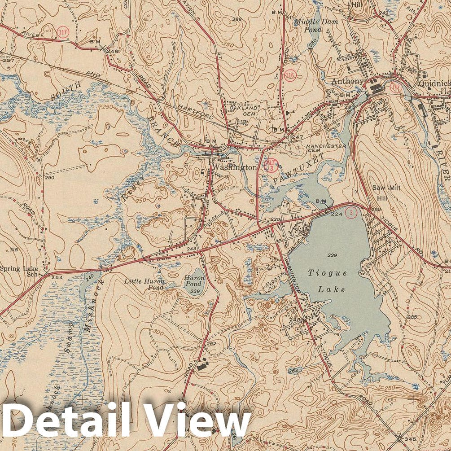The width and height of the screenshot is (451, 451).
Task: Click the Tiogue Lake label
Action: [x=327, y=281]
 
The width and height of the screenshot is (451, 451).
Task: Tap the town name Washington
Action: [x=235, y=167]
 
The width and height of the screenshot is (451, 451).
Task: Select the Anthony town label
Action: [x=346, y=81]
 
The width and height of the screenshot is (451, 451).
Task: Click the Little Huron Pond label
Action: [x=144, y=284]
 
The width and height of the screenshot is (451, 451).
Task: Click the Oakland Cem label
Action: [x=244, y=111]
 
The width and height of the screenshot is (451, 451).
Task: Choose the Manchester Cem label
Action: [x=326, y=149]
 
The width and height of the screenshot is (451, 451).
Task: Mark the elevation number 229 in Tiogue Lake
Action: [x=332, y=255]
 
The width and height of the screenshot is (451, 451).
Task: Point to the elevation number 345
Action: [x=409, y=438]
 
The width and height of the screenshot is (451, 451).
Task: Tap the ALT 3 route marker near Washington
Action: [x=271, y=165]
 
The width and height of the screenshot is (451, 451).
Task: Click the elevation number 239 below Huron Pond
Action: [x=195, y=292]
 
